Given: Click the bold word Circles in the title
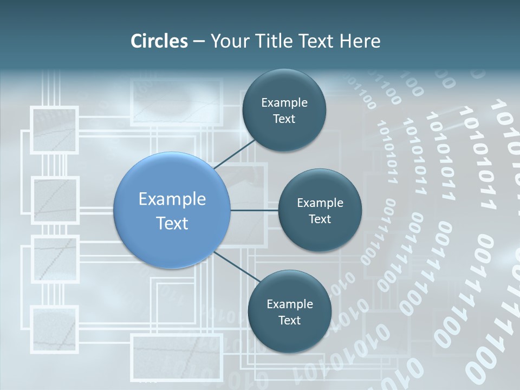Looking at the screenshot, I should (159, 41).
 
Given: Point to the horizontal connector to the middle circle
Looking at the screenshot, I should (254, 210).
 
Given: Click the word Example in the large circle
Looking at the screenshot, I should (172, 199).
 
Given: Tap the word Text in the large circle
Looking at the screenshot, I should (172, 223).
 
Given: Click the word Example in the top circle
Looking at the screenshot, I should (284, 103).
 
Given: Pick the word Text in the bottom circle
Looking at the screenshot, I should (289, 320).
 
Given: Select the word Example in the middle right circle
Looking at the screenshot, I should (320, 203).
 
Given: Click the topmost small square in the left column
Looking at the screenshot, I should (54, 130).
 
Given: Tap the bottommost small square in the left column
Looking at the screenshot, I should (54, 328).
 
